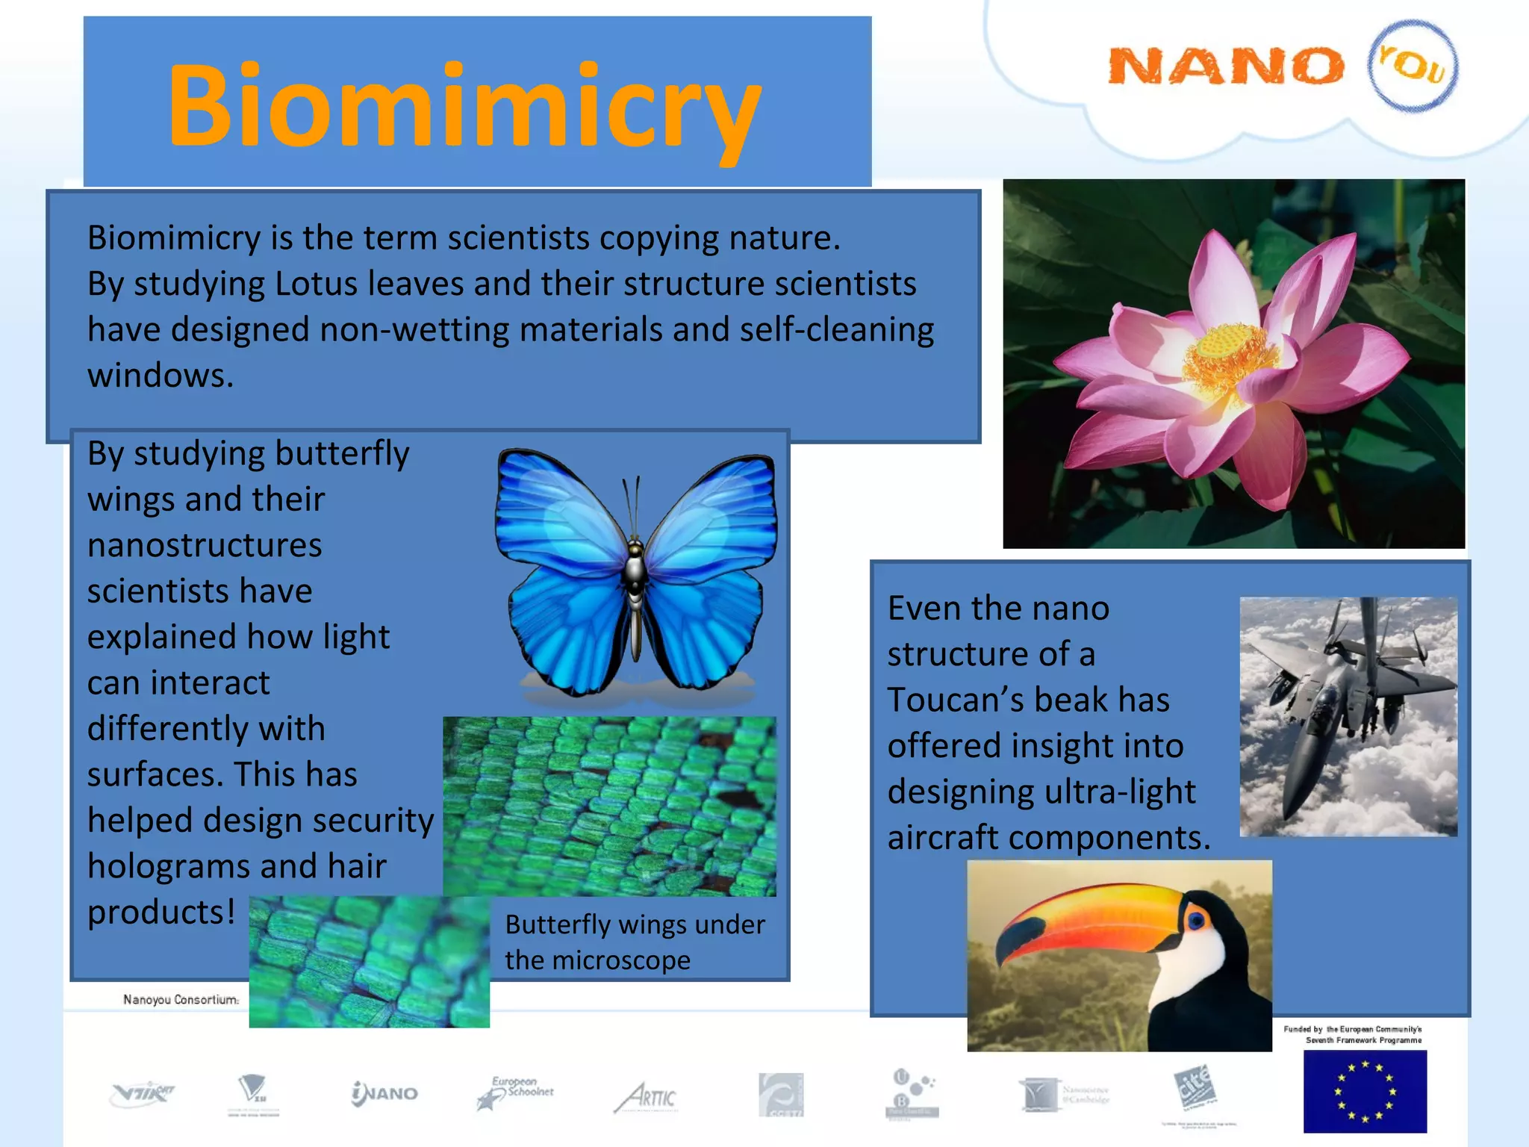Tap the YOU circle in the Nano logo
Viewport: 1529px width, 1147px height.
coord(1412,66)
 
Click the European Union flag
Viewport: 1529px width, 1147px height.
coord(1365,1091)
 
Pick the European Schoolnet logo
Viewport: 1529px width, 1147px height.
coord(515,1092)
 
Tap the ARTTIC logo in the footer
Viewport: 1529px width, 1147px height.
coord(647,1097)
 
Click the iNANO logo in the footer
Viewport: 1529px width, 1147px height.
coord(384,1094)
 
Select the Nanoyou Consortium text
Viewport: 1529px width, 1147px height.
coord(181,999)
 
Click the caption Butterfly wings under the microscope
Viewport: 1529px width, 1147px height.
coord(635,942)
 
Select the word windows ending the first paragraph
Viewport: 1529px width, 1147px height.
coord(159,376)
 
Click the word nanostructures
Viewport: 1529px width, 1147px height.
coord(205,545)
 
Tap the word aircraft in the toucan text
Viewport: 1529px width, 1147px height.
coord(941,838)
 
